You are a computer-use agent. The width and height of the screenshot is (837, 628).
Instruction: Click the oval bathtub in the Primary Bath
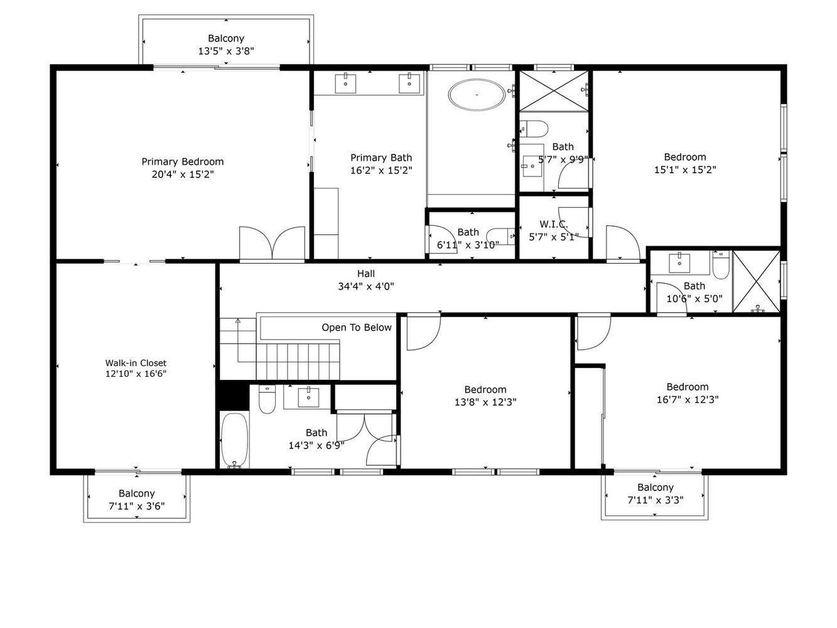tap(477, 95)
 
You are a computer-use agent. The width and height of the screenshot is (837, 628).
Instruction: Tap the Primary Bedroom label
tap(182, 161)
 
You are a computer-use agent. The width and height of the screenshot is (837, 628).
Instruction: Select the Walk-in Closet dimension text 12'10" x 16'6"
tap(136, 374)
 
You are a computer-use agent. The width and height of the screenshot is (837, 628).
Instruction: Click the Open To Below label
tap(356, 327)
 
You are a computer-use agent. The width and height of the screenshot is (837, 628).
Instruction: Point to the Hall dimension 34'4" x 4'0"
tap(365, 286)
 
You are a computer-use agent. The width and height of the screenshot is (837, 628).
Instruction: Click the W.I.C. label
tap(553, 224)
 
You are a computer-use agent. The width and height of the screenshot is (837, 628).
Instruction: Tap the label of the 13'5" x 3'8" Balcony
tap(225, 38)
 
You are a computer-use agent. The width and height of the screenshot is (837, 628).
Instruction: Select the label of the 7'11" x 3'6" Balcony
tap(136, 494)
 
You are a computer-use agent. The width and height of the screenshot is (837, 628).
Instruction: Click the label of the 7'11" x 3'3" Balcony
tap(655, 487)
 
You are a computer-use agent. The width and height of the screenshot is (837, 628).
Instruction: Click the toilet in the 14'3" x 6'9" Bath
tap(267, 399)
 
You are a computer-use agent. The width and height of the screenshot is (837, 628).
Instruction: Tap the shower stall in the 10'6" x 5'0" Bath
tap(756, 282)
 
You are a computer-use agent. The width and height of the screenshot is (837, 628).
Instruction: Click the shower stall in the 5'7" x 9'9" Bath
tap(553, 91)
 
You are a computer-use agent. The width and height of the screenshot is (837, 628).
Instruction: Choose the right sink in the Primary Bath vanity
tap(409, 82)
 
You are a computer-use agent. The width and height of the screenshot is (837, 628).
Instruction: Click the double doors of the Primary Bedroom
tap(272, 244)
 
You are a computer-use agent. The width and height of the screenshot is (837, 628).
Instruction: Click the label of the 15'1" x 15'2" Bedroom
tap(684, 157)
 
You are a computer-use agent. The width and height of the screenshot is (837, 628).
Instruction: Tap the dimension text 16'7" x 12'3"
tap(687, 399)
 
